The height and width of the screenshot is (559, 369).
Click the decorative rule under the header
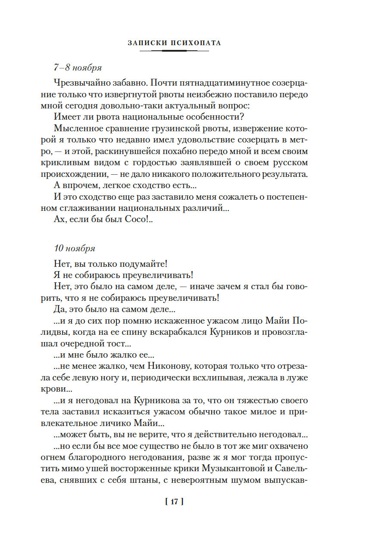point(174,51)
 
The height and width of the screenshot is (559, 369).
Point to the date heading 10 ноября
point(75,248)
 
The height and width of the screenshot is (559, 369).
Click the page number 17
point(174,502)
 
